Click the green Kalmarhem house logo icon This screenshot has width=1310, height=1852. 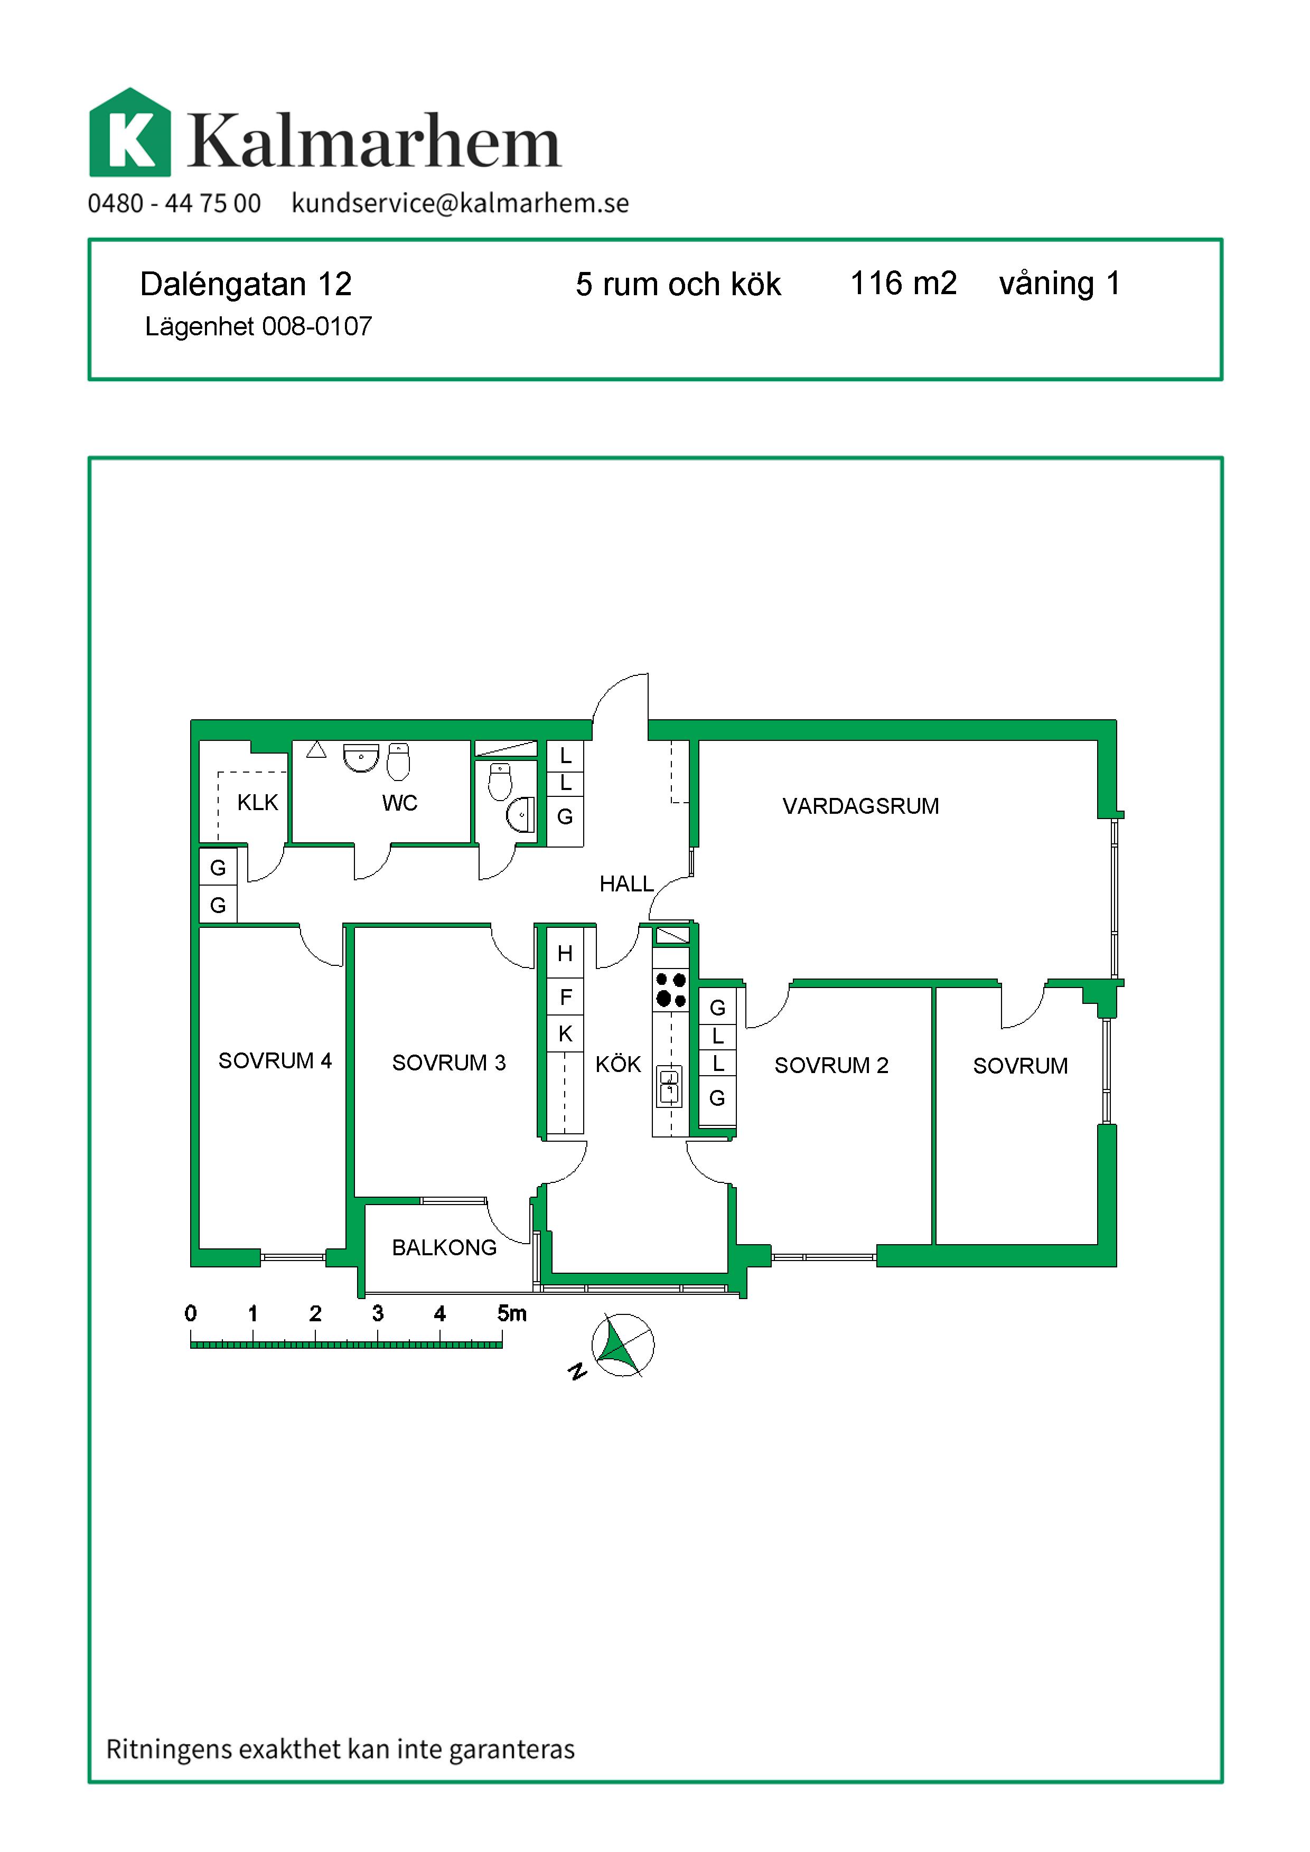click(x=130, y=132)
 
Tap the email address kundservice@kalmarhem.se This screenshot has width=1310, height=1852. click(x=460, y=203)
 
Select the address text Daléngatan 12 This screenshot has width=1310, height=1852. click(x=246, y=284)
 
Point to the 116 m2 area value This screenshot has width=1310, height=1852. click(x=903, y=283)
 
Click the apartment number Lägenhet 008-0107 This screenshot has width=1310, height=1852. click(x=258, y=327)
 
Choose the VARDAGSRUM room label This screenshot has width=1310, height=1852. click(x=860, y=806)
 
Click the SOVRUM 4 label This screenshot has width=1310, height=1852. click(x=275, y=1061)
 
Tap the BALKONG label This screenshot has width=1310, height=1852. click(x=444, y=1248)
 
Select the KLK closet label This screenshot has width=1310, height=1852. click(x=257, y=803)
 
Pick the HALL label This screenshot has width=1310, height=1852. click(x=626, y=884)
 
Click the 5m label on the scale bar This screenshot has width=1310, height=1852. click(x=511, y=1313)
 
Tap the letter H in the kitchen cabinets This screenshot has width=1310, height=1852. click(x=565, y=953)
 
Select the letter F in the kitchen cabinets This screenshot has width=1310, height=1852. click(x=565, y=997)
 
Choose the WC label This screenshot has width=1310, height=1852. click(x=400, y=803)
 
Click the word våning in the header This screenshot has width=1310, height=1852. click(x=1046, y=285)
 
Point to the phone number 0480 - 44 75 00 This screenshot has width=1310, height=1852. click(x=174, y=203)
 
